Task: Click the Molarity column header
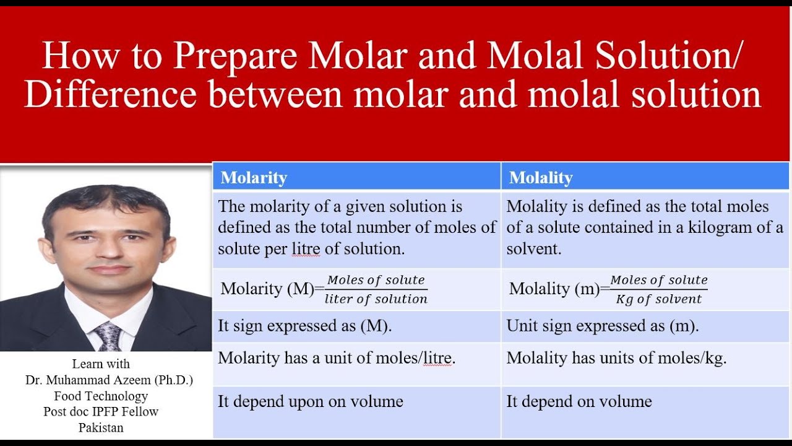[x=254, y=178]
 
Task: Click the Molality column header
[x=541, y=178]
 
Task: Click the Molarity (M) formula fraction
[x=376, y=289]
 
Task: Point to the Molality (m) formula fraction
[x=659, y=289]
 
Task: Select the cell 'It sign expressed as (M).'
[x=304, y=326]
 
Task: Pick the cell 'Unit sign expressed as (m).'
[x=602, y=326]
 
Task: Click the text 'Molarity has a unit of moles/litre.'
[x=337, y=358]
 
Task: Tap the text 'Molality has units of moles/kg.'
[x=616, y=358]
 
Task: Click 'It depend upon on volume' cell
[x=310, y=401]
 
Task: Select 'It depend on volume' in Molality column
[x=579, y=401]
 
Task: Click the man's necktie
[x=109, y=336]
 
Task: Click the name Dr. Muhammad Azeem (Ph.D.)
[x=109, y=380]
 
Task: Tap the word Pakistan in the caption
[x=101, y=427]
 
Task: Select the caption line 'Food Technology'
[x=101, y=396]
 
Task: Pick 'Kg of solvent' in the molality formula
[x=659, y=299]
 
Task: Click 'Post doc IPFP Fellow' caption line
[x=101, y=411]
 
